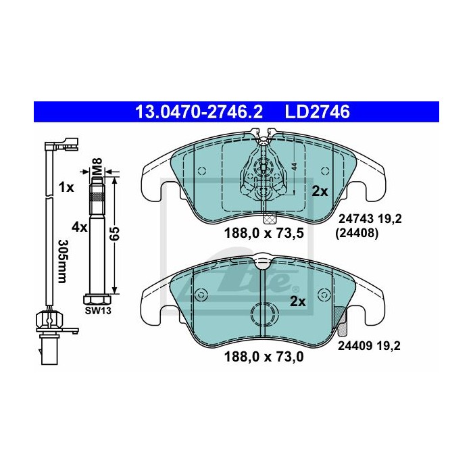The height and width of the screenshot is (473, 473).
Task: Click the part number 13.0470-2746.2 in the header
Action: [x=199, y=111]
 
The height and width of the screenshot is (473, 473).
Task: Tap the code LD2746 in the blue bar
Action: [x=318, y=111]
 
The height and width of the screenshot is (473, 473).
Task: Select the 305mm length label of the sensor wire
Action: [x=61, y=262]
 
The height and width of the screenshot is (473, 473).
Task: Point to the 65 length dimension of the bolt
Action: [x=116, y=233]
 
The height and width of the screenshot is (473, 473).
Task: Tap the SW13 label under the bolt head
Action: [x=98, y=310]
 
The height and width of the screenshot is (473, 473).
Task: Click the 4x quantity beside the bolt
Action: [x=79, y=227]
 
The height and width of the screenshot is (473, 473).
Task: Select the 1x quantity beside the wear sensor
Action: [x=66, y=188]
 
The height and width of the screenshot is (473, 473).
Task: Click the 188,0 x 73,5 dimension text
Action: [x=264, y=233]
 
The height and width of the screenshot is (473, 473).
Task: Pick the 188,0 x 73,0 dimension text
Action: [x=264, y=357]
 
